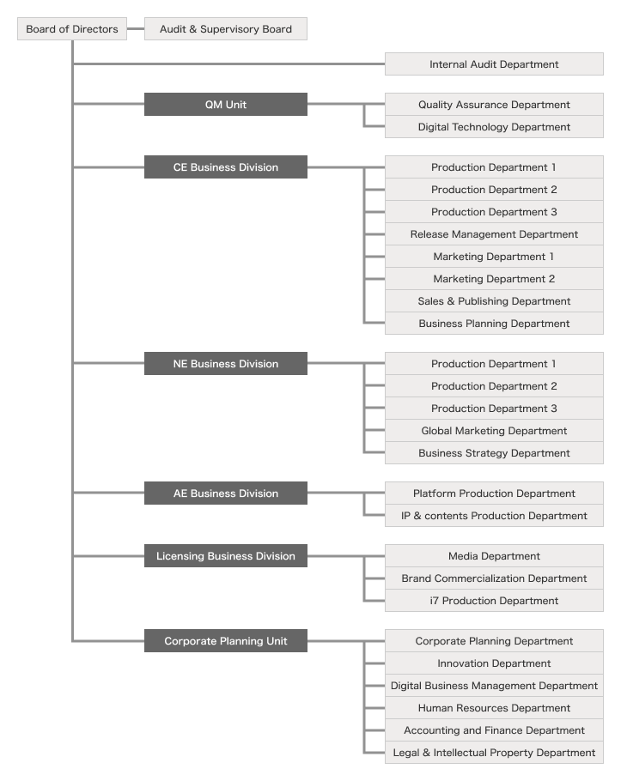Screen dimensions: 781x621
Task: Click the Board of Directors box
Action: pos(72,29)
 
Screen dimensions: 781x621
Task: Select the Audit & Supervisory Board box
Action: pos(225,29)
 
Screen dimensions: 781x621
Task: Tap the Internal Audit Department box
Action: pos(494,64)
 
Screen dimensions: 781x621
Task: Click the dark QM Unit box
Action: pos(225,105)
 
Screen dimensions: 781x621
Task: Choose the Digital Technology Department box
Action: pos(494,127)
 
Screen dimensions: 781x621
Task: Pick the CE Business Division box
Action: pos(225,167)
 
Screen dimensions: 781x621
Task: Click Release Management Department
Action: pos(494,234)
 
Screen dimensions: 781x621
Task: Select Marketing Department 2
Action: pos(494,279)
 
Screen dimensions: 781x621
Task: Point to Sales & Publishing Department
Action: pos(494,301)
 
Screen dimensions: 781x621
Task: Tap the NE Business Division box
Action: pos(225,364)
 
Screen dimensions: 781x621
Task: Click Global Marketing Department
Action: pos(494,431)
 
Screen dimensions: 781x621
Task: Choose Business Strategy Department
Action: pos(494,453)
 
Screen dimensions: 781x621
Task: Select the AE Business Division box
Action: pos(225,493)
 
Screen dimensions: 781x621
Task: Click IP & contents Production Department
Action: pos(494,516)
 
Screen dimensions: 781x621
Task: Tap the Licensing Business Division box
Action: pos(225,556)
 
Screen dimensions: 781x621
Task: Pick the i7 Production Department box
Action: pos(494,601)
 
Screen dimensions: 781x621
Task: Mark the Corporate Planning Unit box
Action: pos(225,641)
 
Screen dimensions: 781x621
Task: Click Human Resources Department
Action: pos(494,708)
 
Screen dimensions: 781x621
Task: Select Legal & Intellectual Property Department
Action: pos(494,753)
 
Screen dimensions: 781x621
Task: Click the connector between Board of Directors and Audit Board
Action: pos(136,29)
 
